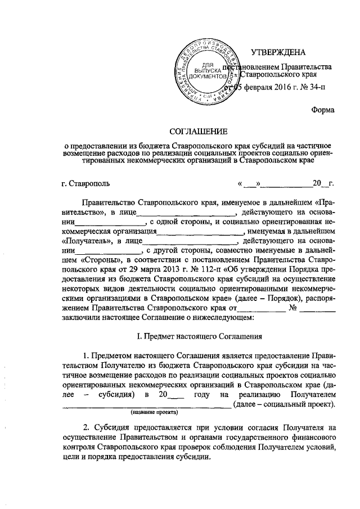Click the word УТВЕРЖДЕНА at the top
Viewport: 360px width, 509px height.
277,53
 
